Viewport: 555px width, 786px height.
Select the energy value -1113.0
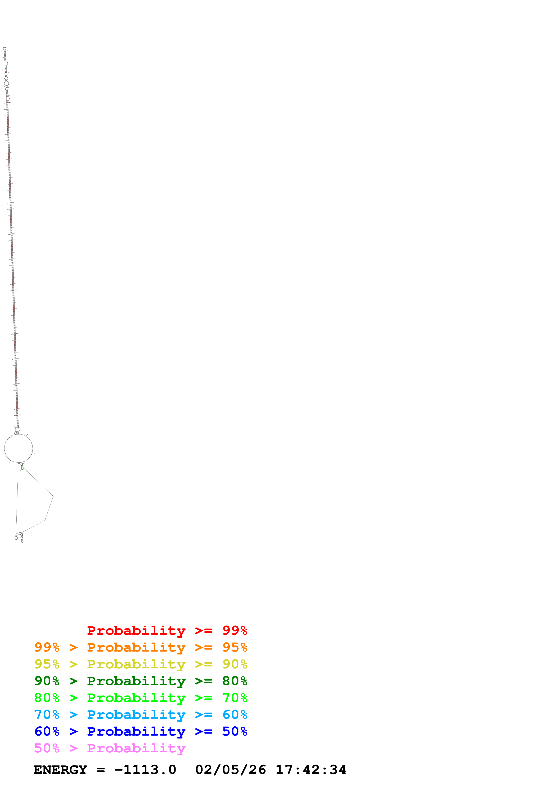[145, 770]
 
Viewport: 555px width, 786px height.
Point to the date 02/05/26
[230, 770]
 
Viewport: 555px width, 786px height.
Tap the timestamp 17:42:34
[311, 770]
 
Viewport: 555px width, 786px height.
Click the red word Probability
[136, 631]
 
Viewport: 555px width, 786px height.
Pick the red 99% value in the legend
[235, 630]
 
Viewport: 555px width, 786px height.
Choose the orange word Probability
[136, 647]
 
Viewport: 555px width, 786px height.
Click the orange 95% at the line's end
[235, 647]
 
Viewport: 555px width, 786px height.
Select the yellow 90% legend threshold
[235, 664]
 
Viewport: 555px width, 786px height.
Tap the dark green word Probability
[136, 681]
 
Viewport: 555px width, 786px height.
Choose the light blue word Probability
[136, 715]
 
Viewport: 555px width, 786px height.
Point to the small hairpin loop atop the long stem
[4, 49]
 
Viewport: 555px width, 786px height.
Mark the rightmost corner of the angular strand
[53, 496]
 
